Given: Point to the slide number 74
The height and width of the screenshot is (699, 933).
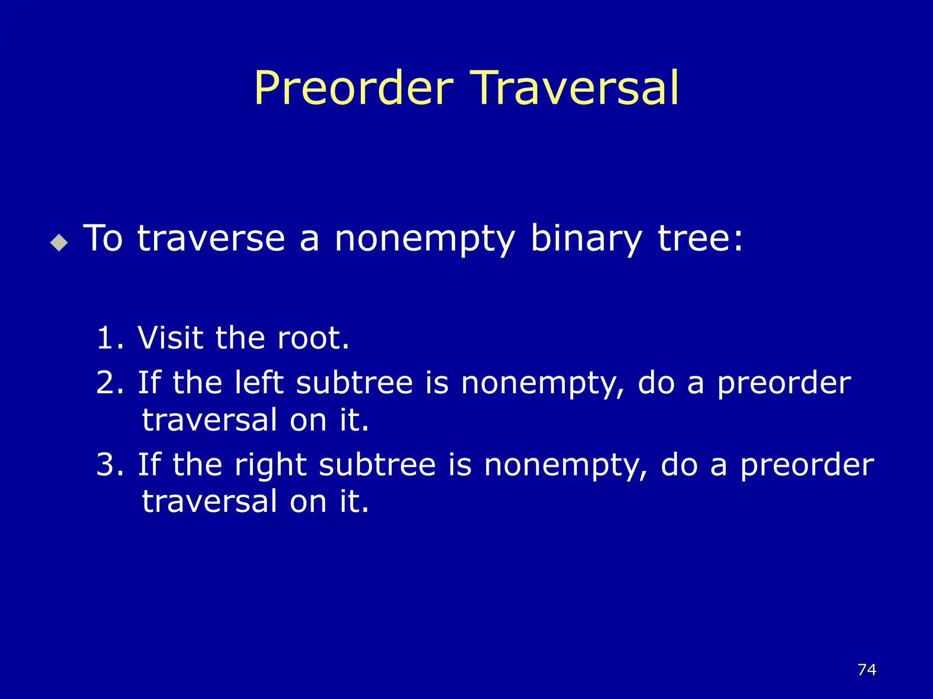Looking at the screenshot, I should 866,669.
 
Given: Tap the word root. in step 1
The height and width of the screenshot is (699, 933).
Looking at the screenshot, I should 313,338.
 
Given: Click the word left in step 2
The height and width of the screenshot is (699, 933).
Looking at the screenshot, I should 259,382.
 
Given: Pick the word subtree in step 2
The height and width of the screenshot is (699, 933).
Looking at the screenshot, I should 354,382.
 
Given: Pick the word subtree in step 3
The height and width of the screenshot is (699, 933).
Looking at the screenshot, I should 377,465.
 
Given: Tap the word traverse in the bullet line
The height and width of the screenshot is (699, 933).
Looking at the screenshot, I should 211,238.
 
